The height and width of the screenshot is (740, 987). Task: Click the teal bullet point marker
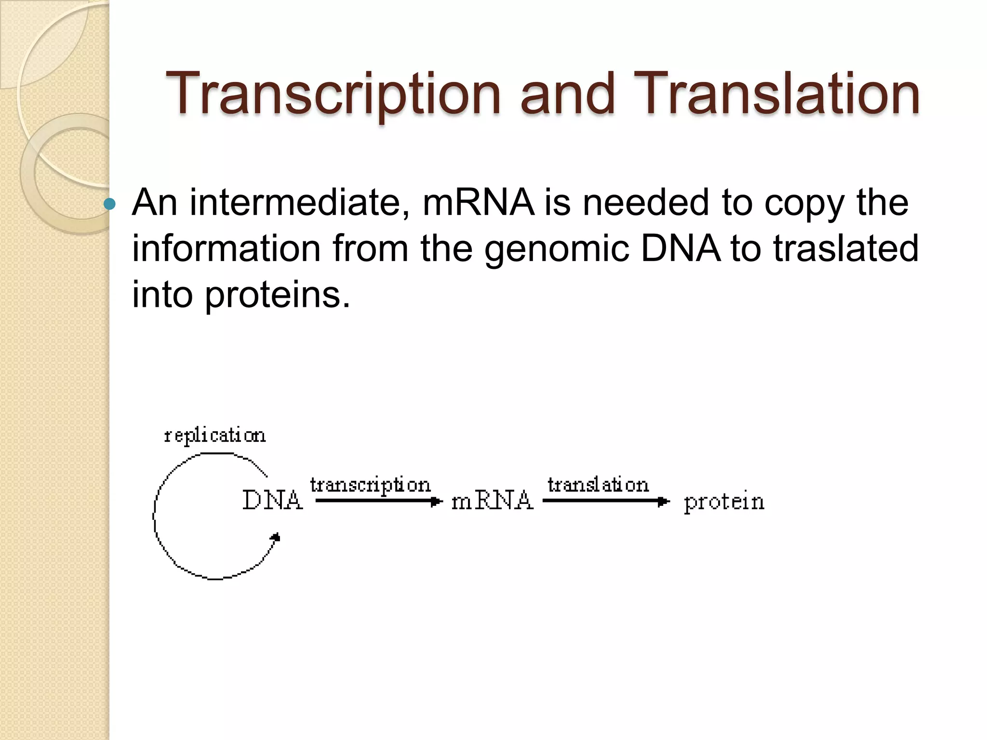click(x=110, y=204)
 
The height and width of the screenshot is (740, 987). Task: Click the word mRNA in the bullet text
click(x=478, y=202)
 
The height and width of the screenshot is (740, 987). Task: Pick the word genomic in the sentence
click(x=557, y=249)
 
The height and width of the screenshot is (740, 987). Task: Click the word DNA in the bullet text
click(x=680, y=249)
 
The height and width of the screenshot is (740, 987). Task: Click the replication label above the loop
click(x=215, y=436)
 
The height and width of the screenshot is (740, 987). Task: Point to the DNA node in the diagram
click(x=273, y=500)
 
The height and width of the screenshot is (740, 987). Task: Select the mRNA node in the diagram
click(x=492, y=501)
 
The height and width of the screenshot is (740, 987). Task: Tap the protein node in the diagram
click(x=724, y=502)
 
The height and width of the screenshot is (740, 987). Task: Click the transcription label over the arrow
click(x=370, y=485)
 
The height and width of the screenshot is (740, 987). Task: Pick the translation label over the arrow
click(x=598, y=485)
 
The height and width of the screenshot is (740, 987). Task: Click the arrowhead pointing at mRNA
click(x=436, y=502)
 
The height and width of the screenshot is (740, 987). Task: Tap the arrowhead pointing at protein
click(x=664, y=502)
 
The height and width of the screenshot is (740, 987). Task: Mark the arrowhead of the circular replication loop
click(x=276, y=537)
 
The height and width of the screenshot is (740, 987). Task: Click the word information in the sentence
click(x=227, y=249)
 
